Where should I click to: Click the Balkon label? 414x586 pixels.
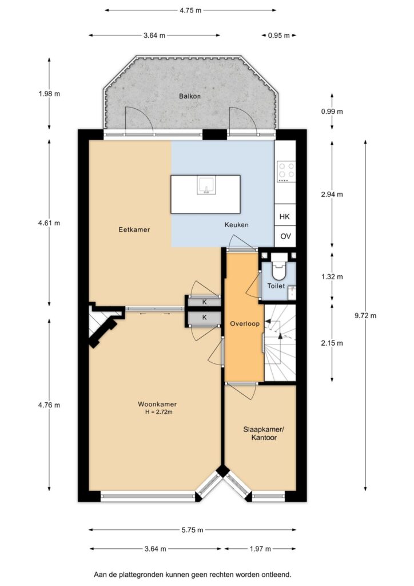[190, 96]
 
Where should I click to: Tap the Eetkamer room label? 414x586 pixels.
[134, 229]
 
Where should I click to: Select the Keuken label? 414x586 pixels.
[236, 224]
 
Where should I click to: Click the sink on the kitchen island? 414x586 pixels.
[206, 185]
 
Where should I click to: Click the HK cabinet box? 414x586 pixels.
[285, 216]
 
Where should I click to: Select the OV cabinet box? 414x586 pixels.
[285, 236]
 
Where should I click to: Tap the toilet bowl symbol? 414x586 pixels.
[278, 270]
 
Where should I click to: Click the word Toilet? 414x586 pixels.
[276, 286]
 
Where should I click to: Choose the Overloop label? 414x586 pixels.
[245, 324]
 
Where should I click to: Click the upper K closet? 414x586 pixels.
[205, 302]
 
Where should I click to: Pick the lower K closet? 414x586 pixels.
[205, 317]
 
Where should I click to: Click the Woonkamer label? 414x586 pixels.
[157, 404]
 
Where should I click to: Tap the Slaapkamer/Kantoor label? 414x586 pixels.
[264, 434]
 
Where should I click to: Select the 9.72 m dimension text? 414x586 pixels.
[365, 315]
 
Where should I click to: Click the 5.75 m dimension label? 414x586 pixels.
[193, 530]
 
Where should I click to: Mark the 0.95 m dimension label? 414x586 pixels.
[279, 35]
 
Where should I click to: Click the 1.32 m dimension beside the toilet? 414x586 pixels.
[332, 277]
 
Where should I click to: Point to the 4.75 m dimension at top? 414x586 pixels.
[190, 10]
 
